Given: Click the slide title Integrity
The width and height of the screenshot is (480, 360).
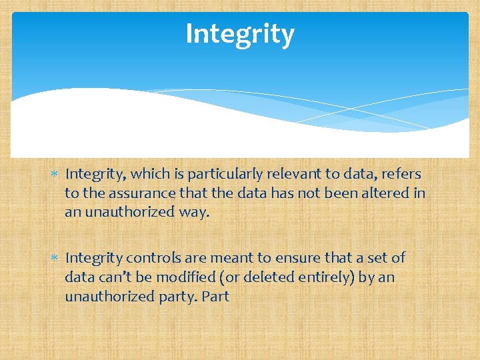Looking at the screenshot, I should click(239, 34).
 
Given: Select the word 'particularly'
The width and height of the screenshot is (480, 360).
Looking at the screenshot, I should click(220, 175).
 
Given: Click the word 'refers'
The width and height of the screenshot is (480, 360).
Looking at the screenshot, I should click(401, 174).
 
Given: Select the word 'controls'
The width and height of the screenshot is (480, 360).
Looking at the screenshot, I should click(150, 258).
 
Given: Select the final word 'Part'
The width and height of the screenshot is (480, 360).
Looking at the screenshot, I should click(215, 296).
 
